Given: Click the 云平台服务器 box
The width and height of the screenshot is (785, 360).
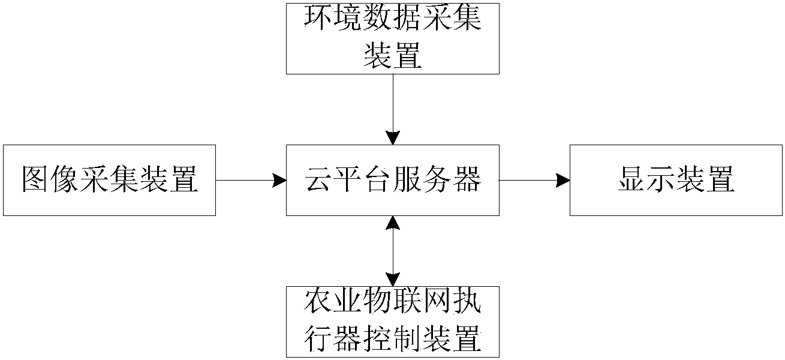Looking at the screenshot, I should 392,180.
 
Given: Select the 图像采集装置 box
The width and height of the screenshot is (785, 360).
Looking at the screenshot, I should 109,180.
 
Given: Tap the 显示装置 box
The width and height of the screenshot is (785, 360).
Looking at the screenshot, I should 676,180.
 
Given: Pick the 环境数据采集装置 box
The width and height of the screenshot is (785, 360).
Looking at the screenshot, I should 392,38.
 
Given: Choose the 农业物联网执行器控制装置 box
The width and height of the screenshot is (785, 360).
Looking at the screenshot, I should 392,322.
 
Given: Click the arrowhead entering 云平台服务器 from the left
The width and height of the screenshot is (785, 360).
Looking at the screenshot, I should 279,180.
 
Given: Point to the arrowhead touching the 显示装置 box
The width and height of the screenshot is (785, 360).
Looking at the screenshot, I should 563,180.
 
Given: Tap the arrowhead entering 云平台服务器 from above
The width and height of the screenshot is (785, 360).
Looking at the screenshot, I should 393,138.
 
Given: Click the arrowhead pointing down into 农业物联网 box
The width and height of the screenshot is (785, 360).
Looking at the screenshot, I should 393,279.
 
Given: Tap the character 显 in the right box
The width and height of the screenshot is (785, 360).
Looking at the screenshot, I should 631,180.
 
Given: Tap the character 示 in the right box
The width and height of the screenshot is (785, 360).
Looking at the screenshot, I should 661,180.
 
